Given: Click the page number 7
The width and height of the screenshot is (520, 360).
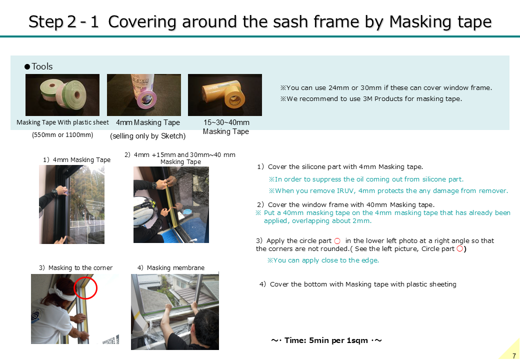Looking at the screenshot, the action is [x=514, y=356].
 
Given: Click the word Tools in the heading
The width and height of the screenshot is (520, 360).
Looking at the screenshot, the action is [x=42, y=66].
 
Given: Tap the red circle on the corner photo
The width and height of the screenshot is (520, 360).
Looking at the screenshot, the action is [x=85, y=287].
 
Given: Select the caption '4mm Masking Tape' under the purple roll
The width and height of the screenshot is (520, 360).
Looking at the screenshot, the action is [x=148, y=122].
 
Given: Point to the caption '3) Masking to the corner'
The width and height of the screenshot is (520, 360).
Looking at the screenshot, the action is [x=75, y=268].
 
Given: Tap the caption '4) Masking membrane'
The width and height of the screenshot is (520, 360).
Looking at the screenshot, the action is [x=171, y=268].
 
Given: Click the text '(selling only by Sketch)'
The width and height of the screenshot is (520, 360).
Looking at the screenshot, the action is [x=147, y=136].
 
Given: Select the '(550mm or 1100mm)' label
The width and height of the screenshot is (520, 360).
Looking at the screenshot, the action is [x=62, y=135].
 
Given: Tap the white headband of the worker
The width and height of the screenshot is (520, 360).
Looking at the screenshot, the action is [x=63, y=293].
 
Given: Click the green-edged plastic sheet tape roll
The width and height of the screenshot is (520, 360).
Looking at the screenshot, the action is [x=72, y=94].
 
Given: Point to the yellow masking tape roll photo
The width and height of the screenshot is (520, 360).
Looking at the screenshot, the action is [x=225, y=95].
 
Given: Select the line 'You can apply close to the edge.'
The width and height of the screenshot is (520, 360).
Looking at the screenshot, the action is [x=323, y=260].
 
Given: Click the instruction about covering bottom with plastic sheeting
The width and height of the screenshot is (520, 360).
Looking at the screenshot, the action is [x=358, y=284].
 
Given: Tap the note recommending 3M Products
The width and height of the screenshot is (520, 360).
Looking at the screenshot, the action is [x=371, y=99].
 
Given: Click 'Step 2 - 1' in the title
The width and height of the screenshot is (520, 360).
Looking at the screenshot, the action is [x=63, y=22].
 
